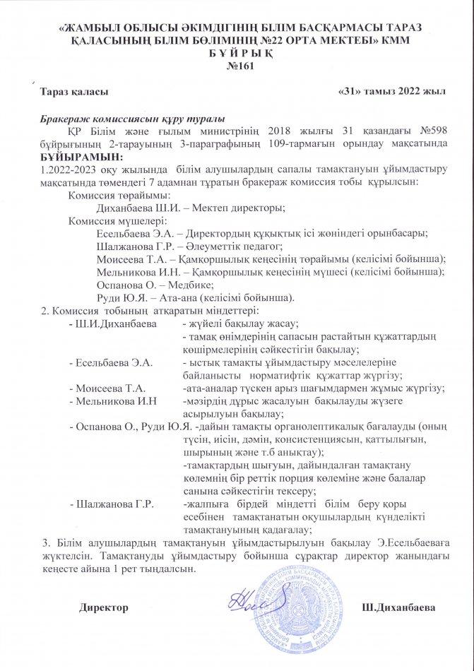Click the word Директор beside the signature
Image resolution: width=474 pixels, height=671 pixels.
tap(104, 607)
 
